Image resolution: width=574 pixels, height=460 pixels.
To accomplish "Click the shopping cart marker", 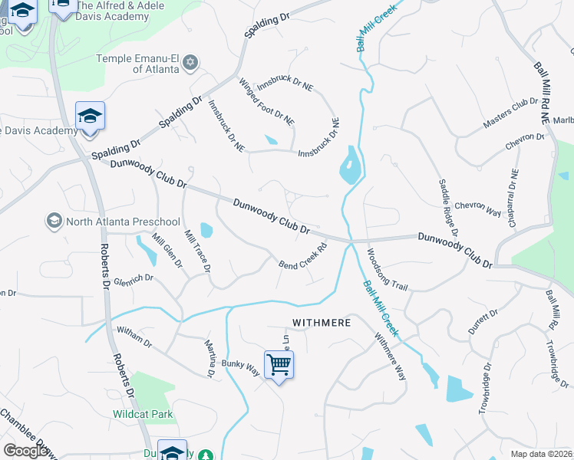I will point(279,364).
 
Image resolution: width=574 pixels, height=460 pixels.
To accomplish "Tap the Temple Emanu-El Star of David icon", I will point(190,62).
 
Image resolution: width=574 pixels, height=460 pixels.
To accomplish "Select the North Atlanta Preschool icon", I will point(54,222).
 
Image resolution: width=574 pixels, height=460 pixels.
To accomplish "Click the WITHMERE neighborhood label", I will point(320,323).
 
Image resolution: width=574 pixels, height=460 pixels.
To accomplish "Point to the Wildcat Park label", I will point(143,415).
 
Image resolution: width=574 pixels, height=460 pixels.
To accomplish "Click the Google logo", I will point(25,451).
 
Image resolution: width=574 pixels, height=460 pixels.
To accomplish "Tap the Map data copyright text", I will point(541,454).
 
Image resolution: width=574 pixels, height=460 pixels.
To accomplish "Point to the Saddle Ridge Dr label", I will point(448,207).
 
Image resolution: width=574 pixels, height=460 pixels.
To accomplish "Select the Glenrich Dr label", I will point(134,281).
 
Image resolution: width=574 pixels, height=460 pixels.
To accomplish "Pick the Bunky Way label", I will point(240,368).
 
